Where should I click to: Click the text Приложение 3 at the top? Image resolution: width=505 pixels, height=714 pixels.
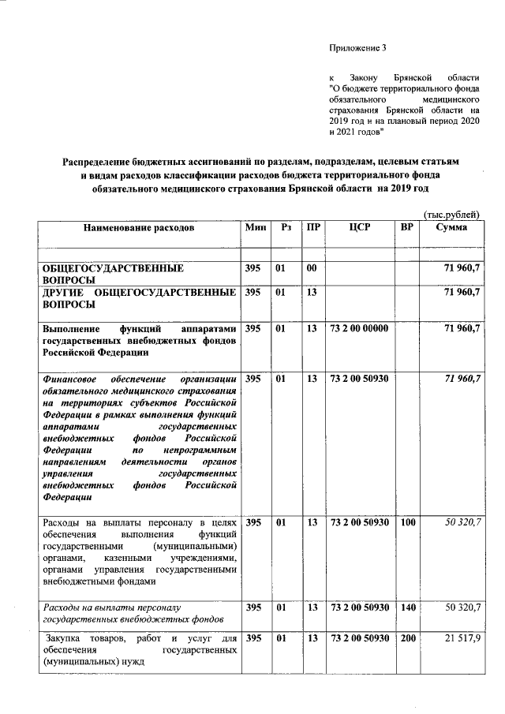pyautogui.click(x=358, y=49)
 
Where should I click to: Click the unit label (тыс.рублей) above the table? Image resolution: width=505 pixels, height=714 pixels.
pyautogui.click(x=451, y=214)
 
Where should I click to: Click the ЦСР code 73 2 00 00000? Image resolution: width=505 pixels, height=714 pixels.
pyautogui.click(x=359, y=327)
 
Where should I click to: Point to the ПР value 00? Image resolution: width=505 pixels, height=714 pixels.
pyautogui.click(x=312, y=269)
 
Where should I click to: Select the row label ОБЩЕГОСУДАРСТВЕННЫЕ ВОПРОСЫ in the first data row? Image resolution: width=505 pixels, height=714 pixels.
pyautogui.click(x=113, y=275)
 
